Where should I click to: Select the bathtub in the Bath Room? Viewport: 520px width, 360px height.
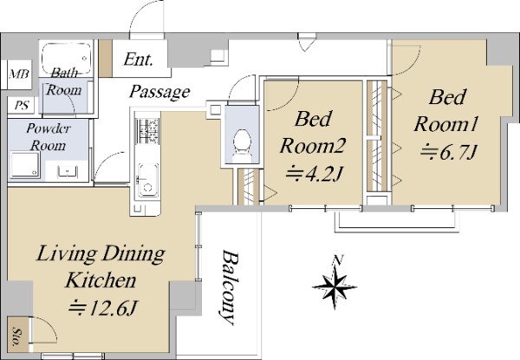(67, 58)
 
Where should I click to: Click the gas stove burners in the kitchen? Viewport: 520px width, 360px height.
(147, 131)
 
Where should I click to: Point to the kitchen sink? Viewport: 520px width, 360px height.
(146, 180)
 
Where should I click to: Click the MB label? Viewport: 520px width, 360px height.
(19, 74)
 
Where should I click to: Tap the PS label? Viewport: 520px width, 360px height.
(22, 106)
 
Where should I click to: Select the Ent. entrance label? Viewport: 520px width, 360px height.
(139, 60)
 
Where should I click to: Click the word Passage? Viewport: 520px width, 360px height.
(159, 92)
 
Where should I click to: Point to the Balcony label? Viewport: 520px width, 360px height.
(230, 288)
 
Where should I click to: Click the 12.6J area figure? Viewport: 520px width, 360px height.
(103, 309)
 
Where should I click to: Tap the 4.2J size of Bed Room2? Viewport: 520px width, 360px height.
(314, 173)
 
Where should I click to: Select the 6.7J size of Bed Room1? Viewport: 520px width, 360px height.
(449, 152)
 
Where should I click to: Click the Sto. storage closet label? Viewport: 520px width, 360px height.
(16, 337)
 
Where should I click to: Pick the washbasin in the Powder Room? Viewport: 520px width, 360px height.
(68, 172)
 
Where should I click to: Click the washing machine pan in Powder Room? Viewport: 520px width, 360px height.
(25, 165)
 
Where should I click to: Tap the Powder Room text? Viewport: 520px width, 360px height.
(49, 137)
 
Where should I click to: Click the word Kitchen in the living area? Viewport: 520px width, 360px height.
(101, 280)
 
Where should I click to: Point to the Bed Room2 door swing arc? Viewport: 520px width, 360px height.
(285, 100)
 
